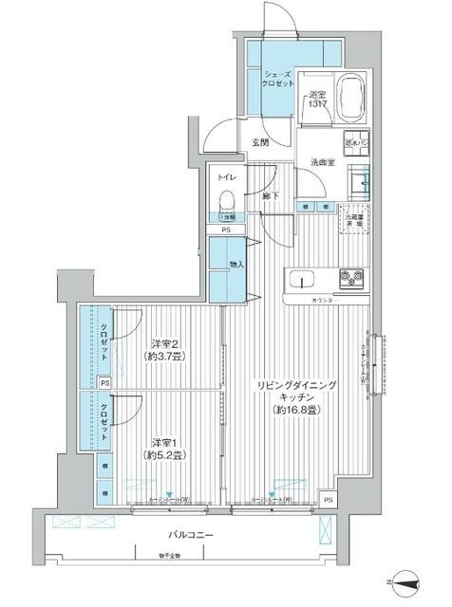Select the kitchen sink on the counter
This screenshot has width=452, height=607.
tap(301, 278)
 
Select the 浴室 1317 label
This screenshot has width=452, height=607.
tap(316, 100)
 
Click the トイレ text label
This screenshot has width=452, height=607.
tap(225, 176)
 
